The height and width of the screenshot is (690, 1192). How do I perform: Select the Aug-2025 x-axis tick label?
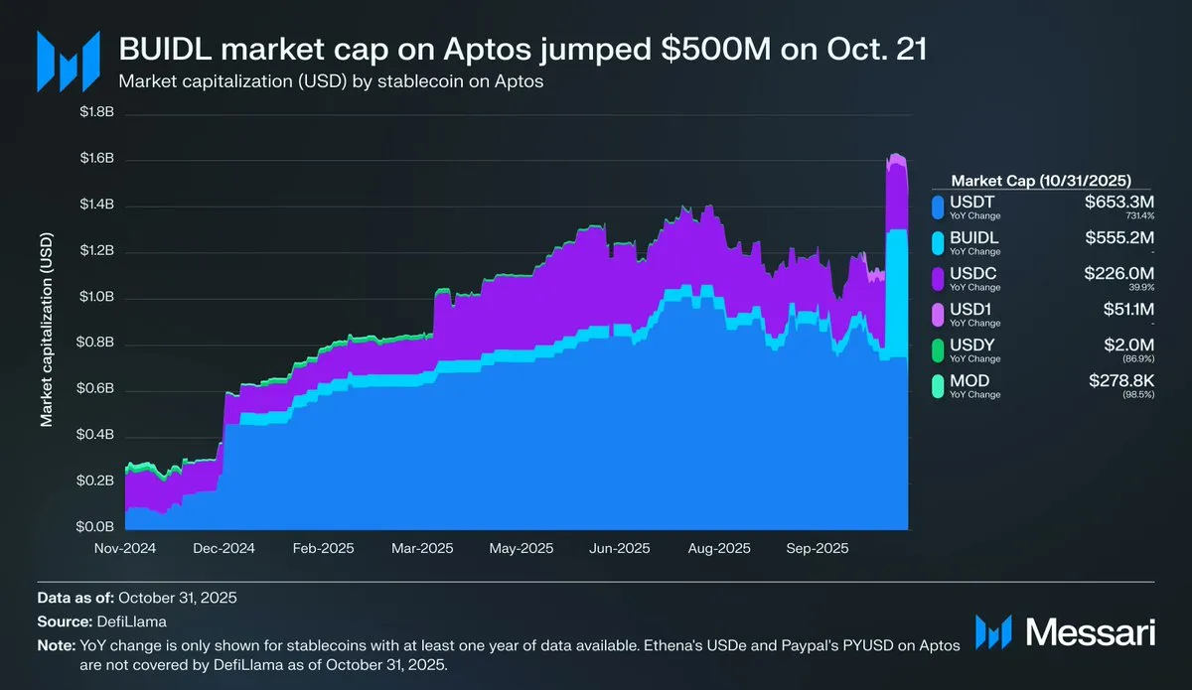[719, 547]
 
